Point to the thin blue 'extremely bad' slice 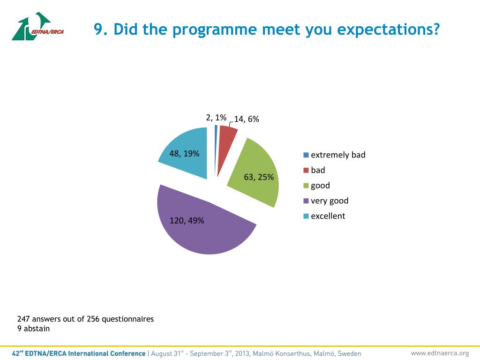(x=216, y=141)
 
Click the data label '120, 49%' (x=187, y=220)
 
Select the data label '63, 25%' (x=259, y=177)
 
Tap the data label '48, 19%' (x=184, y=153)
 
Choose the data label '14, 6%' (x=247, y=119)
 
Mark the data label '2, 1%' (x=216, y=117)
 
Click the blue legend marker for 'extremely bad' (x=306, y=155)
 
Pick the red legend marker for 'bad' (x=306, y=170)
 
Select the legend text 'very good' (x=330, y=201)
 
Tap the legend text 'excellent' (x=328, y=216)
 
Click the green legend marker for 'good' (x=306, y=186)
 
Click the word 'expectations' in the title (x=389, y=30)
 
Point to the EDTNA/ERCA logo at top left (x=37, y=27)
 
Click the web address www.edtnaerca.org (x=440, y=353)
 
